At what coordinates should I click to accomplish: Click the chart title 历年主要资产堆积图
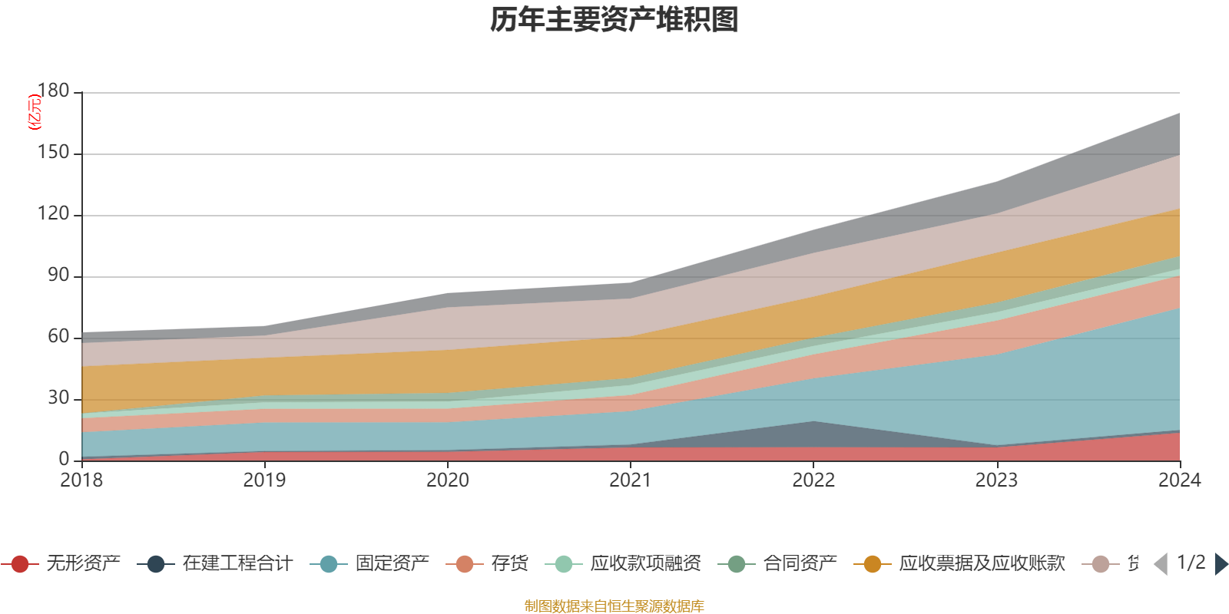click(614, 20)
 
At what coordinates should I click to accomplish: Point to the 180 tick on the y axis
click(53, 91)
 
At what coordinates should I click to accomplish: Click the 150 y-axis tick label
click(53, 153)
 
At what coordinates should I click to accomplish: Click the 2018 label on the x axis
click(81, 480)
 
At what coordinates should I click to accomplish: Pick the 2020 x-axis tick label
click(448, 480)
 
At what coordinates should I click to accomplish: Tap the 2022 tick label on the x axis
click(813, 480)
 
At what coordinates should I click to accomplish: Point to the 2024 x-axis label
click(1179, 480)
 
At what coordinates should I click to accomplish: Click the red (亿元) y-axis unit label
click(34, 112)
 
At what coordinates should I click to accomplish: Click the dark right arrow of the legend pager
click(1221, 564)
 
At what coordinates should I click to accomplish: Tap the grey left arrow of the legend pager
click(1161, 564)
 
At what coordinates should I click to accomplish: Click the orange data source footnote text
click(614, 606)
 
